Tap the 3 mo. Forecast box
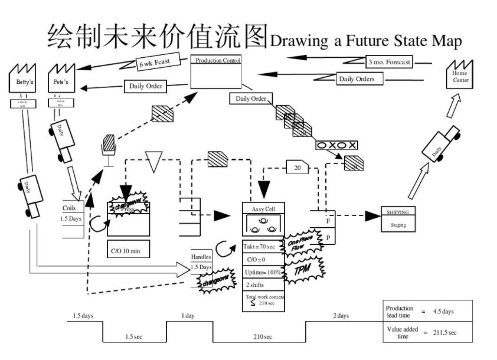390,61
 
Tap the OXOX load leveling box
336,145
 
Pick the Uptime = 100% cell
263,272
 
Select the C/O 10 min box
128,250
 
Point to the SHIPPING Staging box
398,218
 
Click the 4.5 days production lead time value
443,310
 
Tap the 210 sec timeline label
259,336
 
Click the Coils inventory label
69,208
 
